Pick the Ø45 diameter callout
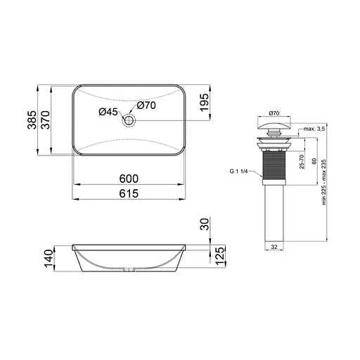pyautogui.click(x=108, y=112)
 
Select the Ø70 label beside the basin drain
pyautogui.click(x=146, y=105)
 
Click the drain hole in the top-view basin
pyautogui.click(x=129, y=121)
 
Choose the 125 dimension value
pyautogui.click(x=219, y=257)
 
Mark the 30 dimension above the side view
pyautogui.click(x=205, y=225)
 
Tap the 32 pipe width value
pyautogui.click(x=274, y=247)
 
